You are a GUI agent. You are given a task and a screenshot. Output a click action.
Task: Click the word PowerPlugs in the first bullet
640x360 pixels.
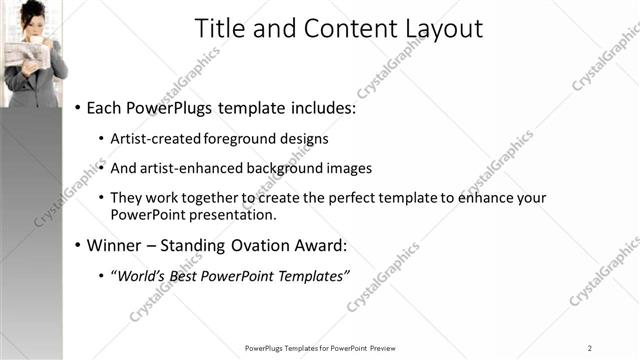point(176,107)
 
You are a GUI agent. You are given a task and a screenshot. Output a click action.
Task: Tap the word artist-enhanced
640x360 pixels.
point(189,168)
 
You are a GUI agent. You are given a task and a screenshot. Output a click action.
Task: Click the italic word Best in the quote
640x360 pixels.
point(191,276)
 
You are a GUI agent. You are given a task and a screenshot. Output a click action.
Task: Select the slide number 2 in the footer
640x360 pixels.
point(590,347)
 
